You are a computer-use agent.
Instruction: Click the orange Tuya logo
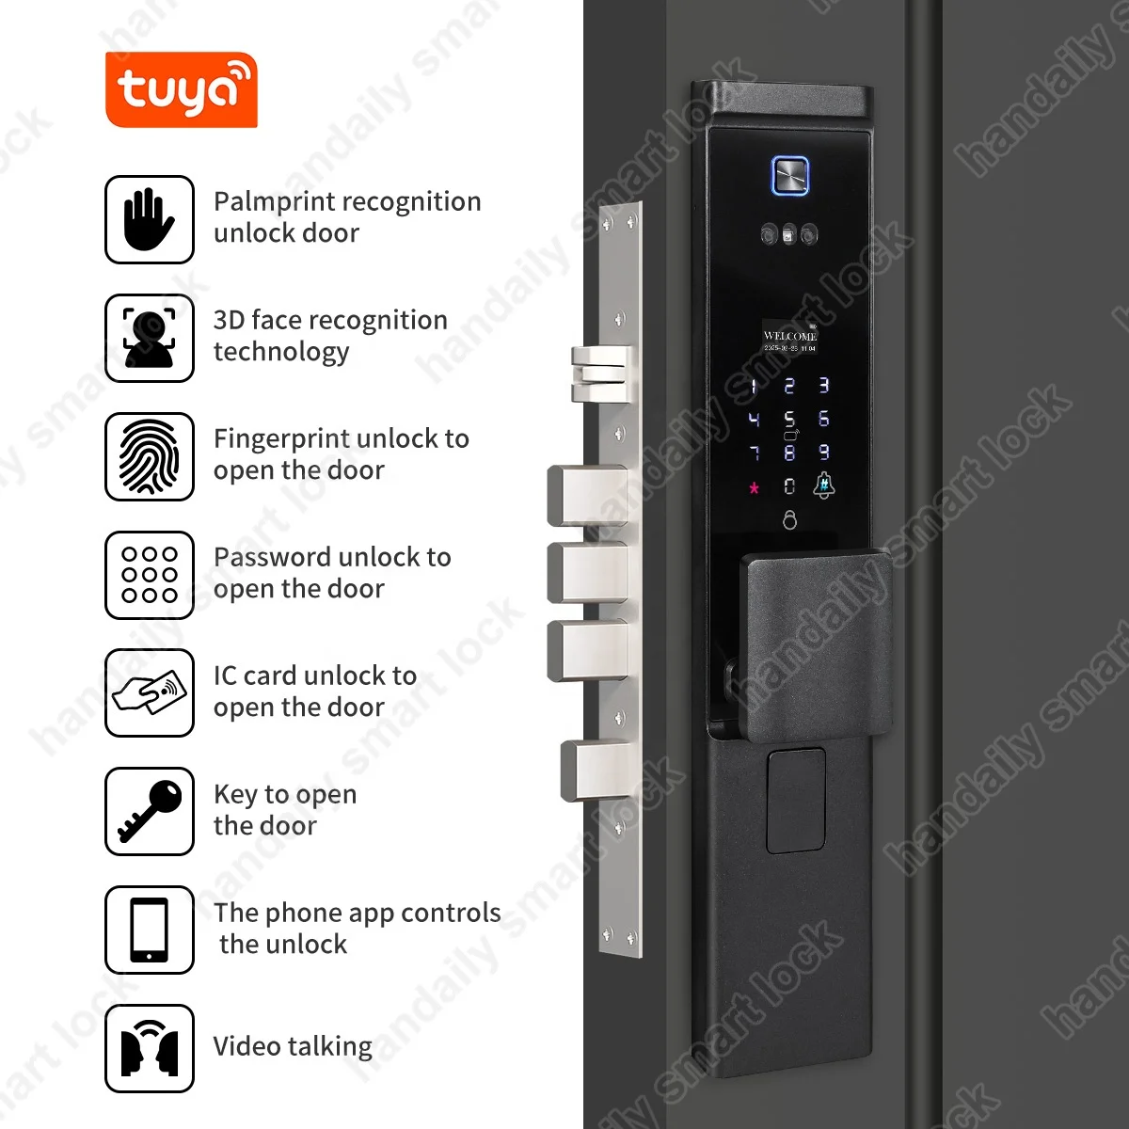coord(181,90)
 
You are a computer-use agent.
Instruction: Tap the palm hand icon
coord(149,219)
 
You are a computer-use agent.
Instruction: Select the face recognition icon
coord(149,338)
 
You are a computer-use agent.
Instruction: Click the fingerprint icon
coord(149,456)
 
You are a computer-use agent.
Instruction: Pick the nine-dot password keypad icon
coord(149,575)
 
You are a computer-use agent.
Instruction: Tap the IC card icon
coord(149,693)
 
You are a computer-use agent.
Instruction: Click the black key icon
coord(149,811)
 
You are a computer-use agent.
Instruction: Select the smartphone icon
coord(149,930)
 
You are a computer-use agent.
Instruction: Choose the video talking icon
coord(149,1048)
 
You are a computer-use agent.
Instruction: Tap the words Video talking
coord(293,1046)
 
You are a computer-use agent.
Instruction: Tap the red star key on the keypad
coord(754,488)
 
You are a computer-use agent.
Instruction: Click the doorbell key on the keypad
coord(823,486)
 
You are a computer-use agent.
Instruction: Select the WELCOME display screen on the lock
coord(789,340)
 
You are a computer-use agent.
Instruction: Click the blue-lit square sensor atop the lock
coord(790,176)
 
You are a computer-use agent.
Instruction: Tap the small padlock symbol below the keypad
coord(789,519)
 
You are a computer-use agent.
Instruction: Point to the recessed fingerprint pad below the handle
coord(795,800)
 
